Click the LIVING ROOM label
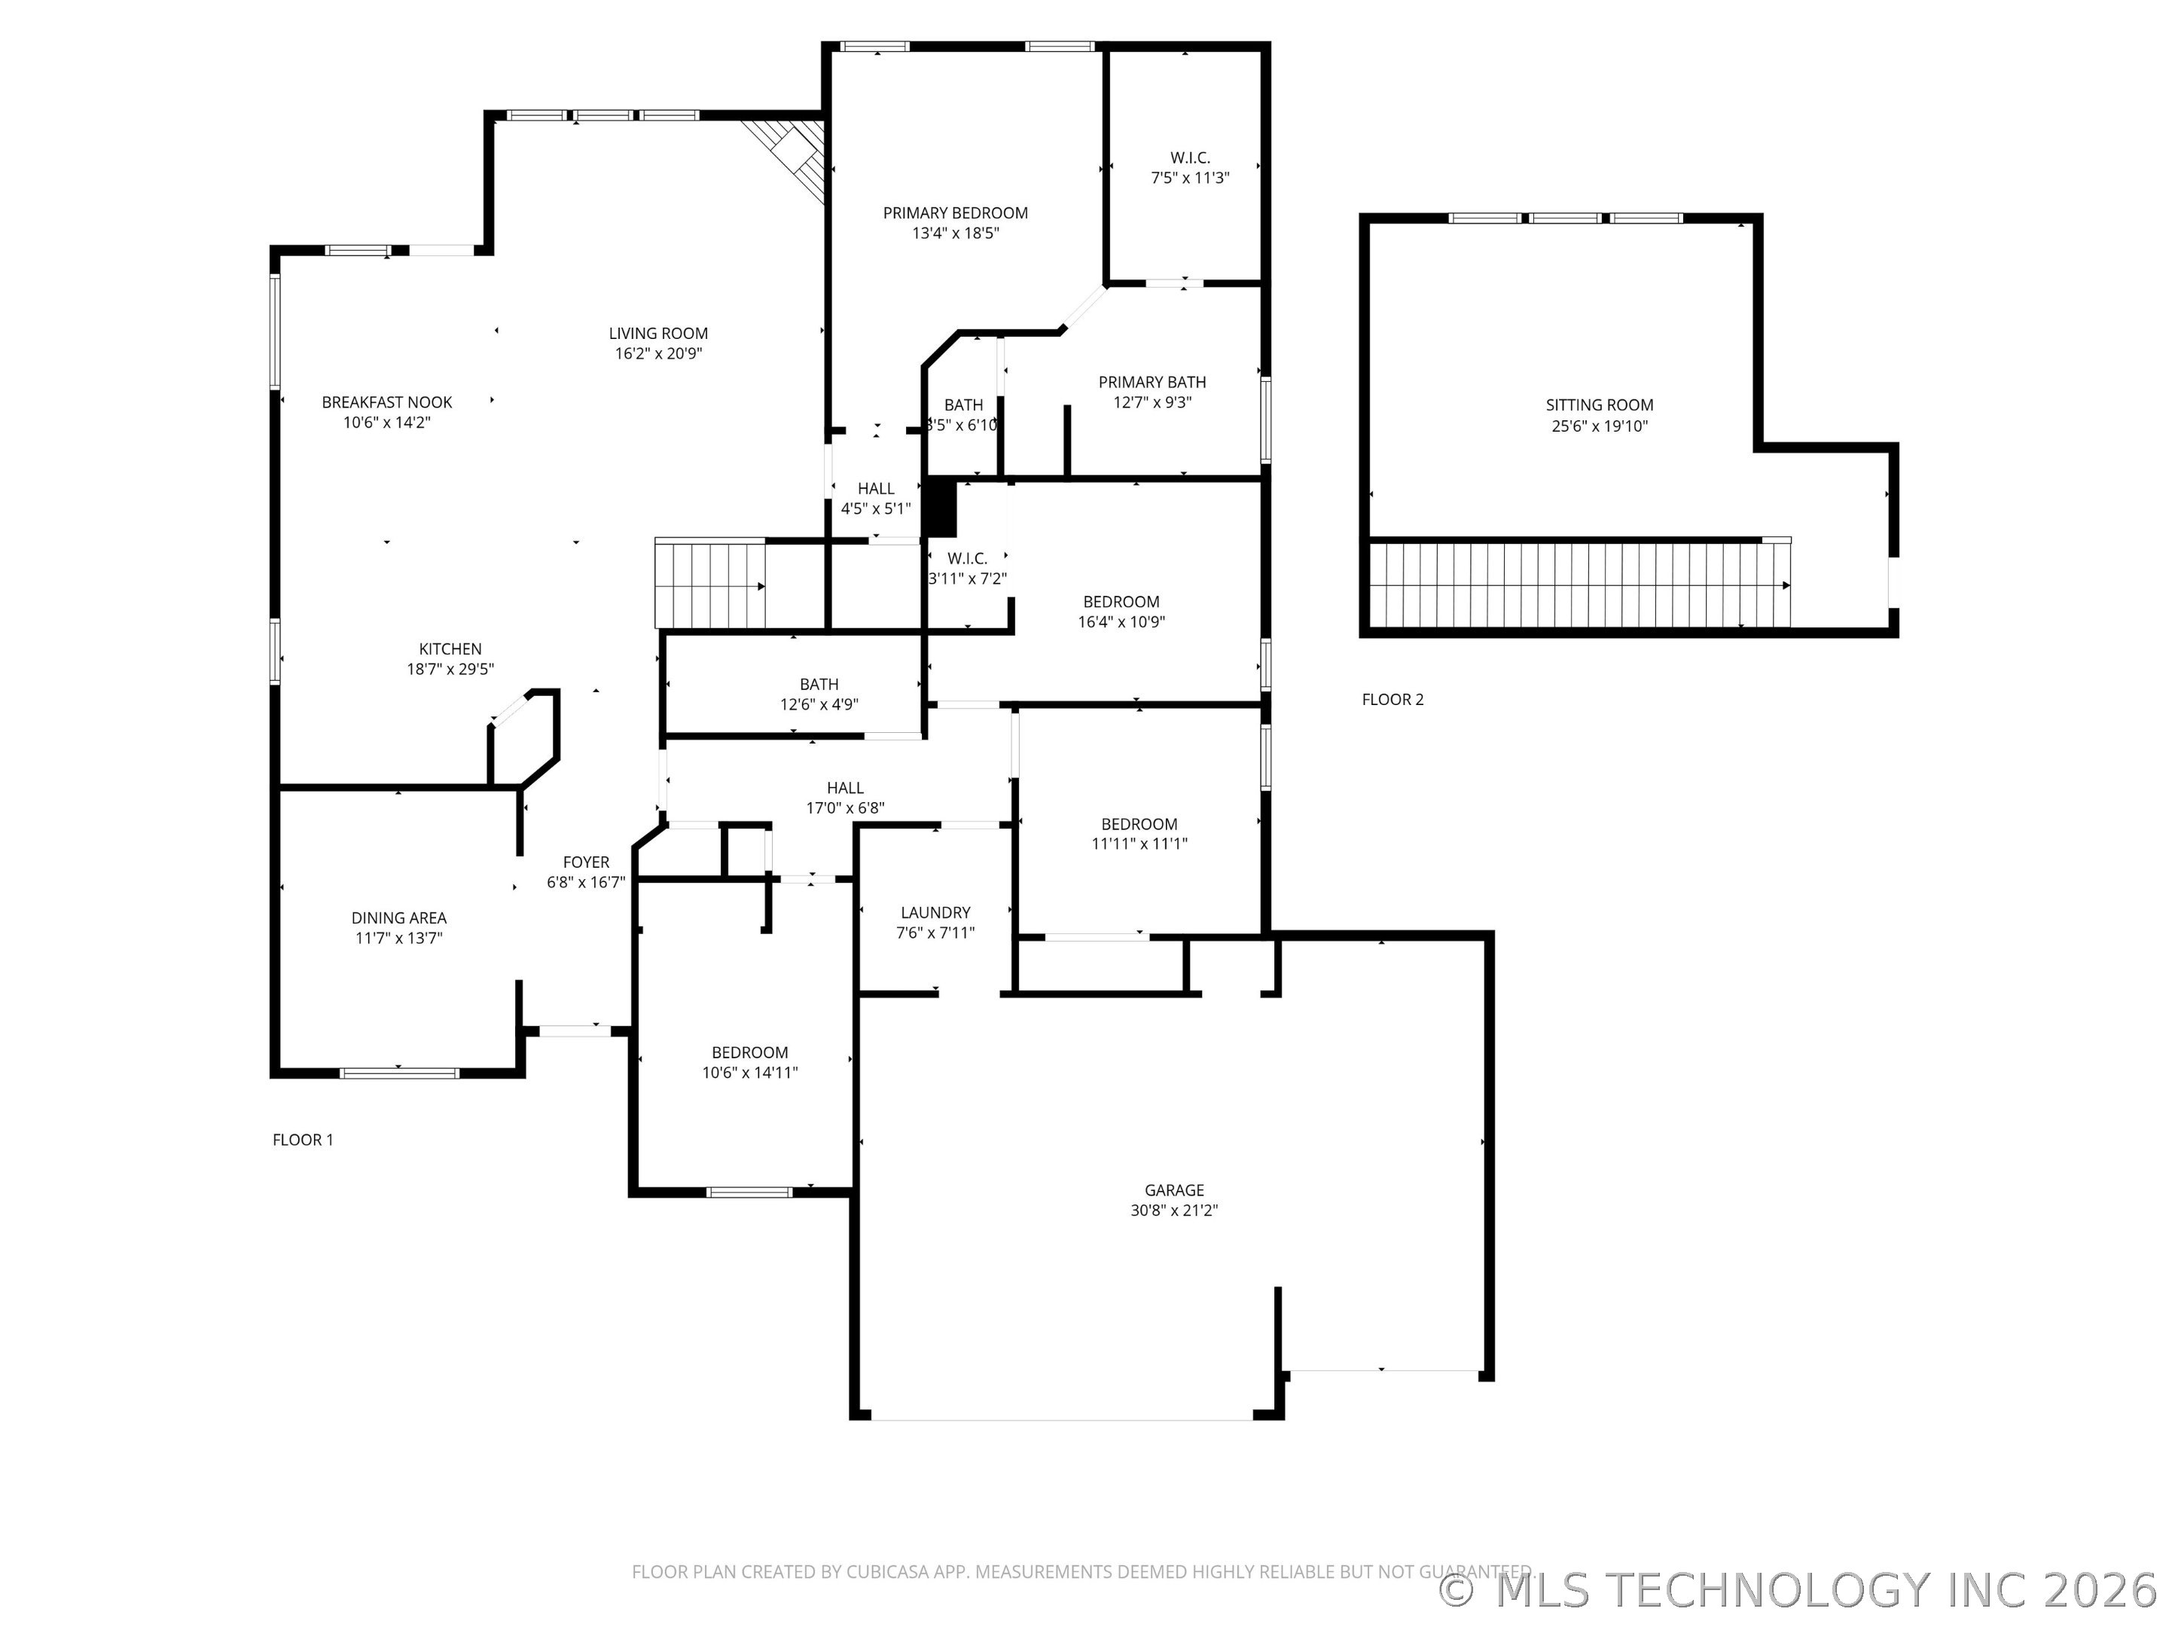click(658, 334)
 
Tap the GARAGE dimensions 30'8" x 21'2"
click(1173, 1210)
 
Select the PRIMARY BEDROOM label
click(955, 213)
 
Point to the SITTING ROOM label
click(1600, 405)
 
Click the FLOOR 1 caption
click(303, 1140)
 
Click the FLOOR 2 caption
click(1393, 699)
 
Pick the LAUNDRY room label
click(935, 912)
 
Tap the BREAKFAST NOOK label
click(387, 402)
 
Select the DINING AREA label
click(399, 918)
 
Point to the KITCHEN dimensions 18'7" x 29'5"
click(450, 669)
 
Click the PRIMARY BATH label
click(1152, 383)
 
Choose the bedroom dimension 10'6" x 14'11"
click(750, 1073)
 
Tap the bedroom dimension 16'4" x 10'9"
click(1121, 621)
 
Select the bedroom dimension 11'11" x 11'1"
click(1139, 844)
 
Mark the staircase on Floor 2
click(1579, 585)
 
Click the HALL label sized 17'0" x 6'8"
click(845, 787)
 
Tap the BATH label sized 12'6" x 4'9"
click(819, 685)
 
